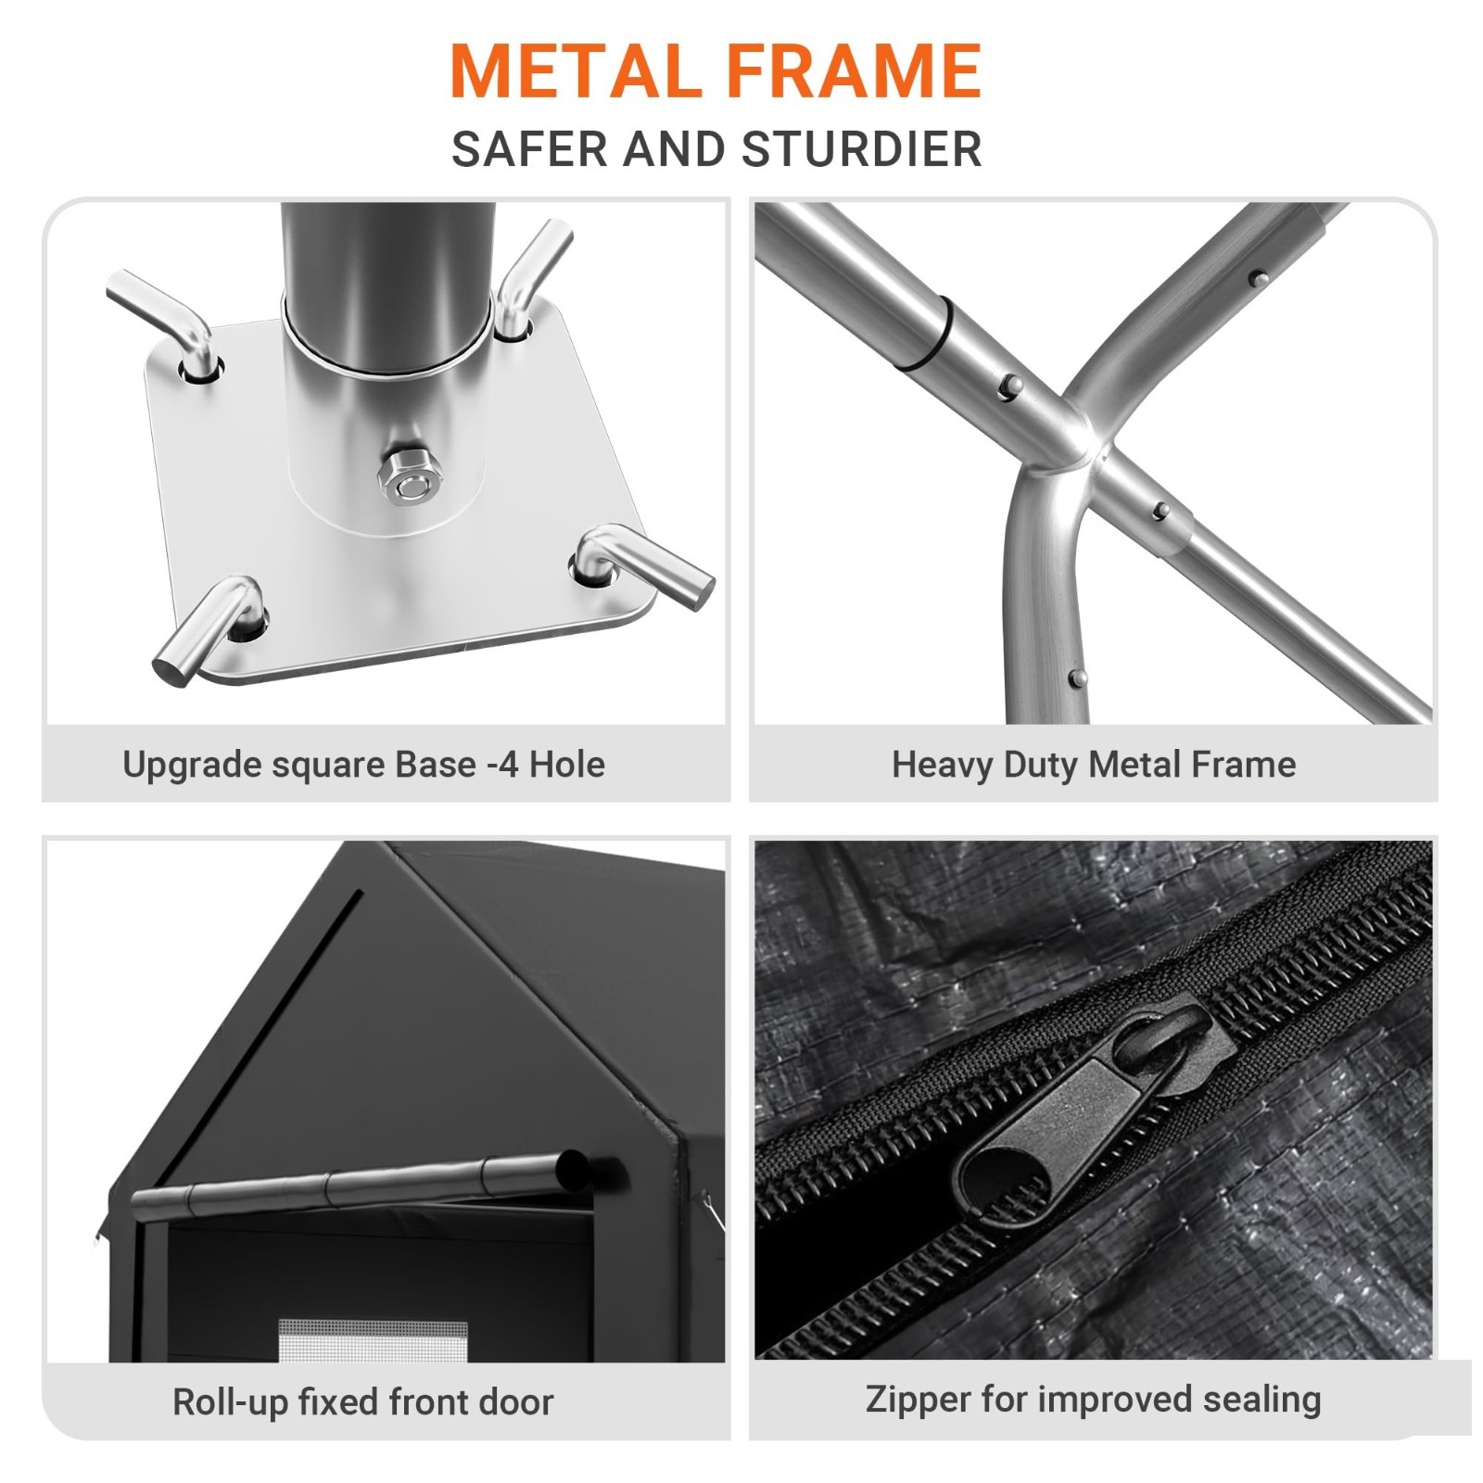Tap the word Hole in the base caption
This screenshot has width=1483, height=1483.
[x=566, y=765]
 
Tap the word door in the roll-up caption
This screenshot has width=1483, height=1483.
[x=515, y=1402]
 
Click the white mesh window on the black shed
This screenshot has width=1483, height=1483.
[x=373, y=1340]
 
